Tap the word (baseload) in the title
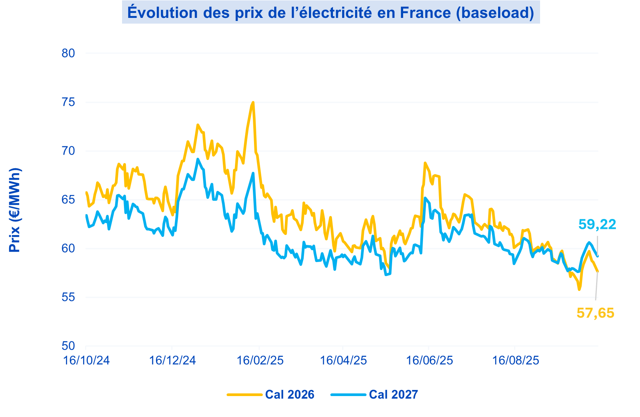click(x=495, y=13)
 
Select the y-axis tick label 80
click(x=68, y=53)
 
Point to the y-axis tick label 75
click(x=68, y=102)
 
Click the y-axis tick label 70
click(x=68, y=151)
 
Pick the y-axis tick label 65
click(x=68, y=200)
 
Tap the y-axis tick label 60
click(x=68, y=248)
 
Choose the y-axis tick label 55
click(x=68, y=297)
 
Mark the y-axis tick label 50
click(x=68, y=346)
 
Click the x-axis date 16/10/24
click(x=86, y=360)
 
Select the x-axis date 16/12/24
click(x=172, y=360)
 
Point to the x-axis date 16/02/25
click(x=260, y=360)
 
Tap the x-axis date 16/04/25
click(x=343, y=360)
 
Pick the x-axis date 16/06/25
click(x=429, y=360)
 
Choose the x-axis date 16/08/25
click(x=516, y=360)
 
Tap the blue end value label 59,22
click(x=597, y=224)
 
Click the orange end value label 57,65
click(x=595, y=313)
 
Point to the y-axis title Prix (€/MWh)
click(x=15, y=210)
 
